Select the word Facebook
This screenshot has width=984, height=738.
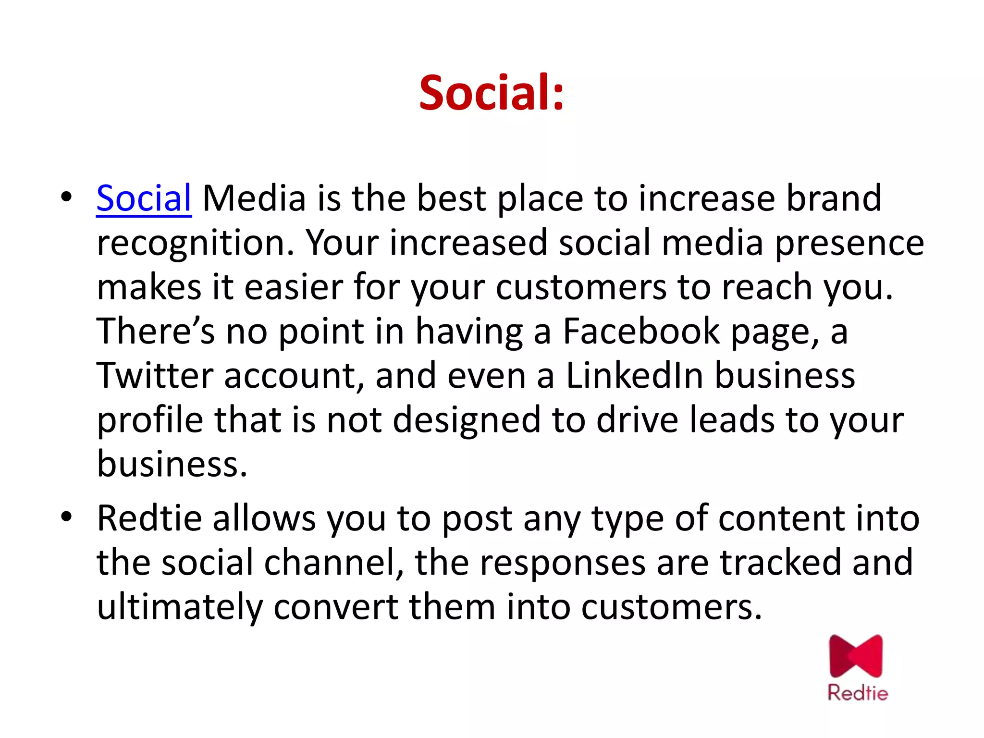pyautogui.click(x=641, y=331)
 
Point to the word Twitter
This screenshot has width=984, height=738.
pyautogui.click(x=155, y=375)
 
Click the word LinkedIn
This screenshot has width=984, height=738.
pyautogui.click(x=634, y=375)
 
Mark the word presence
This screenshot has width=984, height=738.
pyautogui.click(x=849, y=243)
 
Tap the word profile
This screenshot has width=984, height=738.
pyautogui.click(x=150, y=420)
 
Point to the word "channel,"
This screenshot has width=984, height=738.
pyautogui.click(x=333, y=562)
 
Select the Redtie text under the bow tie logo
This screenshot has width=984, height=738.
pyautogui.click(x=858, y=693)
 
